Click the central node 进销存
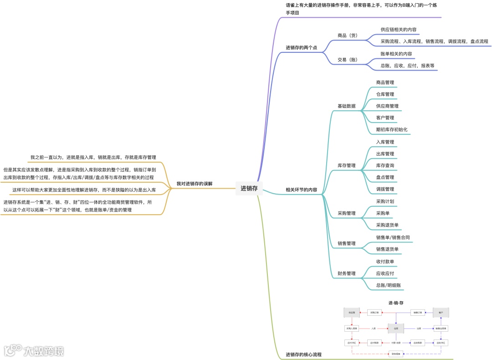click(x=249, y=188)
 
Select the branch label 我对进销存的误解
click(x=195, y=184)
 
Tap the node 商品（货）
click(x=348, y=36)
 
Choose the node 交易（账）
click(x=347, y=60)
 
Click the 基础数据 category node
click(x=347, y=106)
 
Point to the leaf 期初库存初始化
click(x=392, y=129)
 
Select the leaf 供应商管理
click(x=387, y=106)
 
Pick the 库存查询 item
click(x=385, y=165)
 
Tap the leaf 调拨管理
click(x=385, y=189)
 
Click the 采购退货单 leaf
click(x=387, y=225)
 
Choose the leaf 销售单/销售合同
click(x=393, y=237)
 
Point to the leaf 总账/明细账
click(x=388, y=285)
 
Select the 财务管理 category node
click(x=347, y=273)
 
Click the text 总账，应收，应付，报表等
click(x=408, y=66)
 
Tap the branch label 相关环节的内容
click(x=302, y=190)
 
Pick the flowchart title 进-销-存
click(x=396, y=303)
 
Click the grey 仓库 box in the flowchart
click(x=396, y=328)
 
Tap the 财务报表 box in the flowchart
click(x=396, y=354)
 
